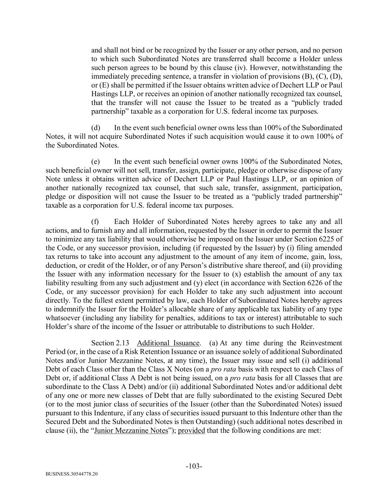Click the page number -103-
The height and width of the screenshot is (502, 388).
click(194, 466)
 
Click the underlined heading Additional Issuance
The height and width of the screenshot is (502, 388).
click(168, 343)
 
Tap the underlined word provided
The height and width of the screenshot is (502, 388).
click(191, 430)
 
